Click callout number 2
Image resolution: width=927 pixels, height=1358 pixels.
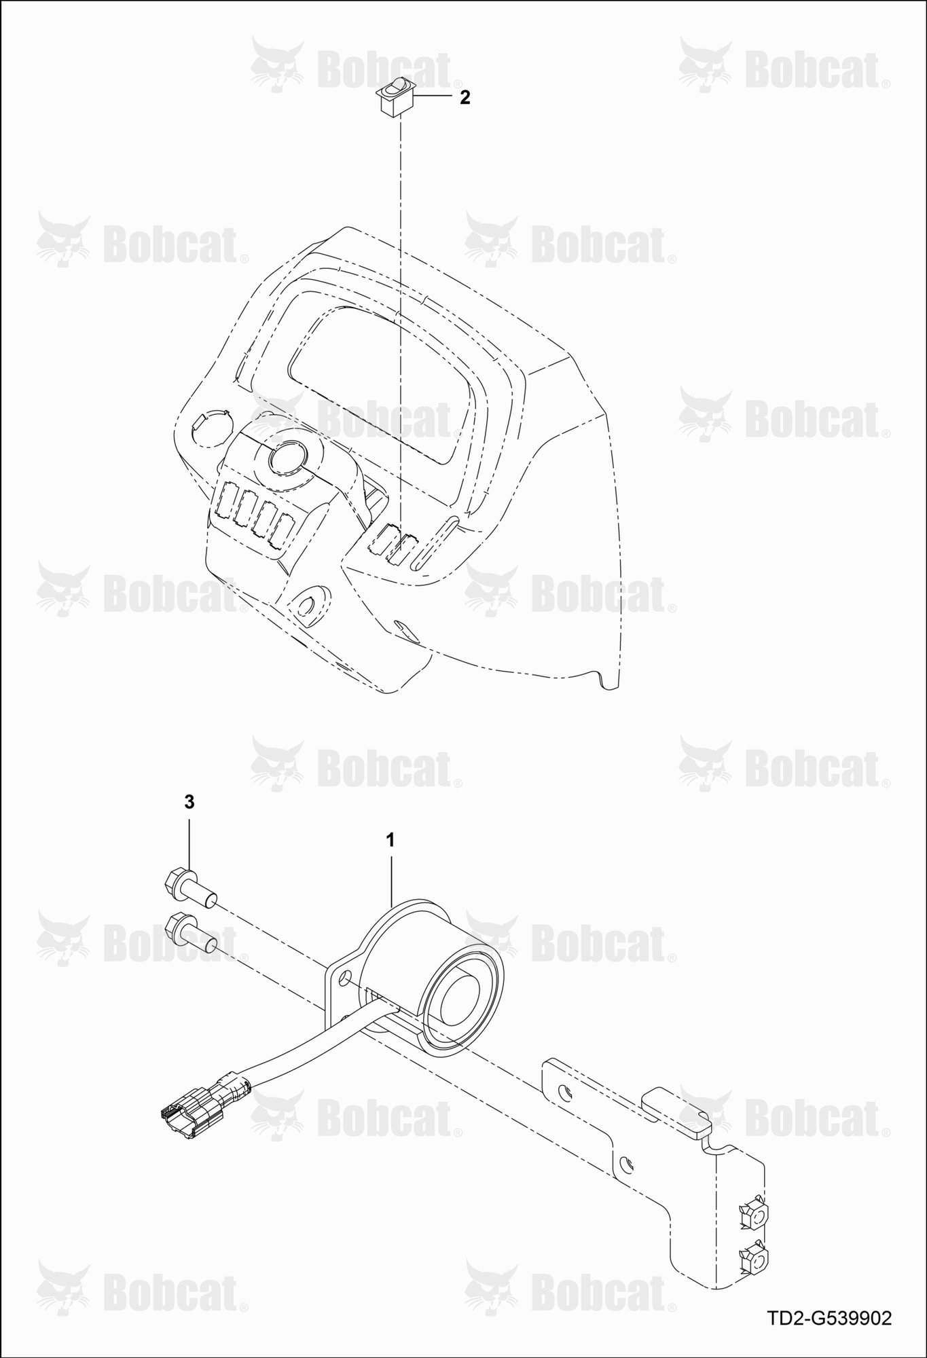coord(465,97)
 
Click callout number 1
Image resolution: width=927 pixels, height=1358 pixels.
coord(390,841)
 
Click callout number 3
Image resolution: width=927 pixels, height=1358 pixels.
coord(189,802)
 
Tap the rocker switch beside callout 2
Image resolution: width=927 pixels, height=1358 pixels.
coord(395,97)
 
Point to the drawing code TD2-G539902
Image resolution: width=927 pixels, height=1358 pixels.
coord(829,1319)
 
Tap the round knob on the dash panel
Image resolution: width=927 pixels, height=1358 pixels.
coord(288,458)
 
